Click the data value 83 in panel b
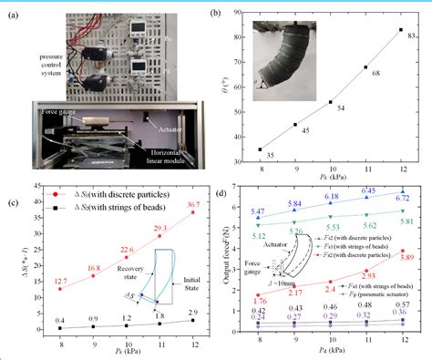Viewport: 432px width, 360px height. click(412, 36)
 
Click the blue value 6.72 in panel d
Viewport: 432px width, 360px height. click(403, 197)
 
